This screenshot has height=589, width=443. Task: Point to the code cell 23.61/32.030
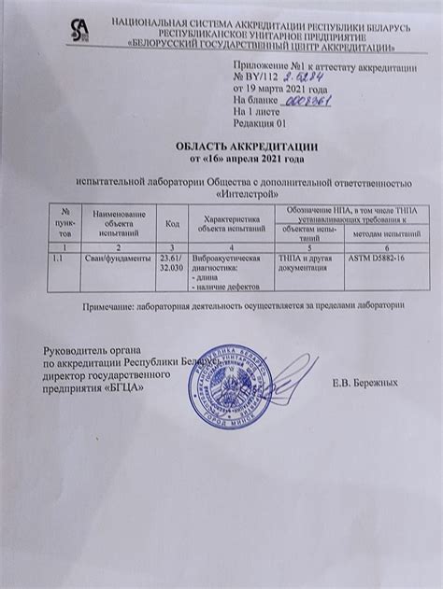pos(172,260)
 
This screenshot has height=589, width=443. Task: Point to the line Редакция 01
pos(259,122)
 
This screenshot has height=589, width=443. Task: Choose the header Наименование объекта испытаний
pos(118,221)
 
